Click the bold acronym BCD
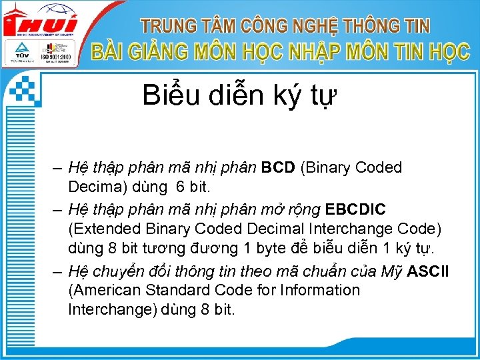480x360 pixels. [278, 167]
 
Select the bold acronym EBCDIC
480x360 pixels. [355, 210]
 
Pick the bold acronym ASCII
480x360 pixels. [428, 273]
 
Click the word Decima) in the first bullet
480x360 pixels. [95, 186]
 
